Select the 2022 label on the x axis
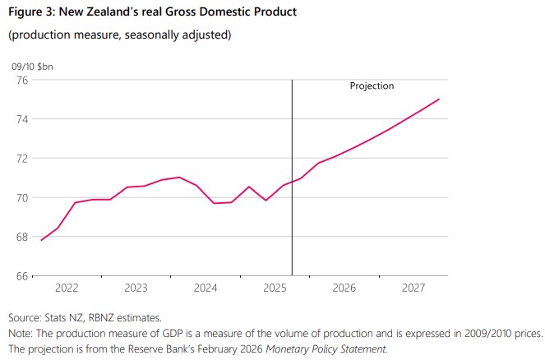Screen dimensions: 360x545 pos(66,288)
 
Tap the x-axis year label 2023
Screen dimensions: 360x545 pos(136,288)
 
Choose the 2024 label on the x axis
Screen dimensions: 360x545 pos(205,288)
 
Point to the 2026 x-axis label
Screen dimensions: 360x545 pos(344,288)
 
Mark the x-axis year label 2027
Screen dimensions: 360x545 pos(413,288)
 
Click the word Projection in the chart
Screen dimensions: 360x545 pos(372,85)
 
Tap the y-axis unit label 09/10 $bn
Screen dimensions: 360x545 pos(31,65)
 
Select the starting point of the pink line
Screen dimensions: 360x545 pos(40,240)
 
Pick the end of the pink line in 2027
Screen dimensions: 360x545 pos(440,99)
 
